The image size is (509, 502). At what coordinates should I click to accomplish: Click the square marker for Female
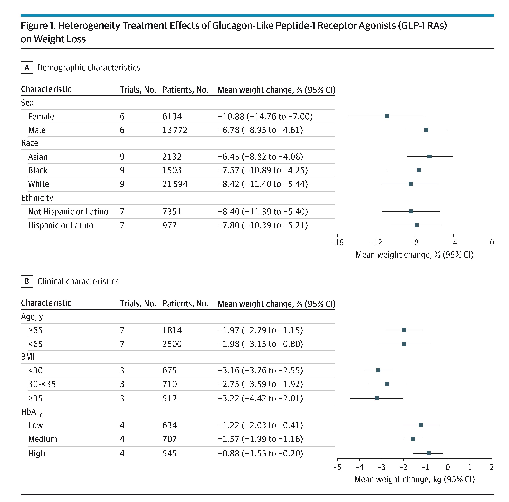pos(386,116)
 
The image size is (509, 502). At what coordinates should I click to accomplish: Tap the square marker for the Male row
pos(426,130)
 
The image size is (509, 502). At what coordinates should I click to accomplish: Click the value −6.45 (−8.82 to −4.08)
pos(260,157)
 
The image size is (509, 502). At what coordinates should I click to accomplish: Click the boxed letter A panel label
pos(27,67)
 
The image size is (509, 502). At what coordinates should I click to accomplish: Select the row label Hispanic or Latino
pos(61,225)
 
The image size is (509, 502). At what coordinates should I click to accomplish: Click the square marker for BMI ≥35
pos(377,398)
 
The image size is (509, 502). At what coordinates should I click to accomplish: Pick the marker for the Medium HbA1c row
pos(413,439)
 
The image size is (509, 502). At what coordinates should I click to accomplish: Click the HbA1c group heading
pos(32,412)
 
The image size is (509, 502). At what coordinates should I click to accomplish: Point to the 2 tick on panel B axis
pos(492,467)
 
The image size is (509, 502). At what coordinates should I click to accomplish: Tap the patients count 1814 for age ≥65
pos(172,330)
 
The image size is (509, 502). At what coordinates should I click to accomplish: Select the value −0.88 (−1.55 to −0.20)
pos(260,453)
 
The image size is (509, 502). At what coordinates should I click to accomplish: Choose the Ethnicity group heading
pos(37,198)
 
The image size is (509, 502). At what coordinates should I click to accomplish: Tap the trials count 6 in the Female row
pos(122,116)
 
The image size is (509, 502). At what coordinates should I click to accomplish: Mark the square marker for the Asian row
pos(429,157)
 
